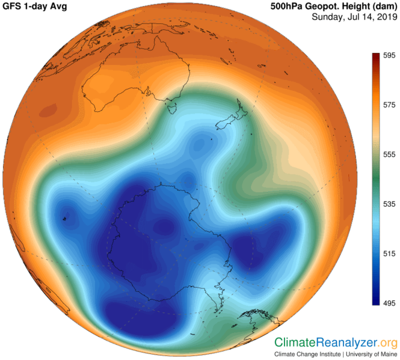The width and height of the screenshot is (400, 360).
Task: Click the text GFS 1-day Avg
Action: (x=33, y=7)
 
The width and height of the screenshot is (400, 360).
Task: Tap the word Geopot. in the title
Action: (x=325, y=7)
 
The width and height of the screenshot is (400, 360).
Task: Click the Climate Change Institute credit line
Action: (x=336, y=355)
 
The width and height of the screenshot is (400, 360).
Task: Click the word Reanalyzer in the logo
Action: (x=346, y=343)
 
